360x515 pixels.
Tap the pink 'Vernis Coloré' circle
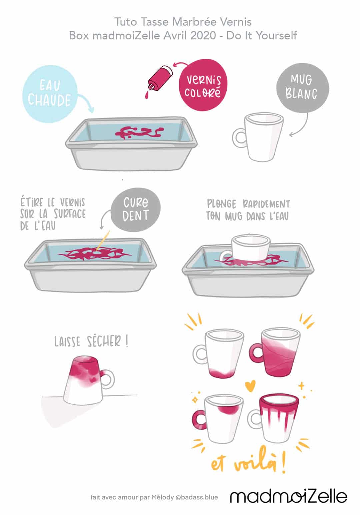[x=203, y=85]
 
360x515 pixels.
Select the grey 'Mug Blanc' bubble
[x=303, y=88]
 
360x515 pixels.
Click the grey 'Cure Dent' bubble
[x=136, y=210]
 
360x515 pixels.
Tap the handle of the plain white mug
[x=239, y=138]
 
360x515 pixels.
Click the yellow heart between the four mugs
[x=250, y=386]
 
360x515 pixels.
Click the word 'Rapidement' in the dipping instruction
[x=266, y=204]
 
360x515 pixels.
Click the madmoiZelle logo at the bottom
[x=289, y=496]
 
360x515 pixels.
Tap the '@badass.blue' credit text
[x=197, y=498]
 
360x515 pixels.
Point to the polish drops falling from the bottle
[x=147, y=95]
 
